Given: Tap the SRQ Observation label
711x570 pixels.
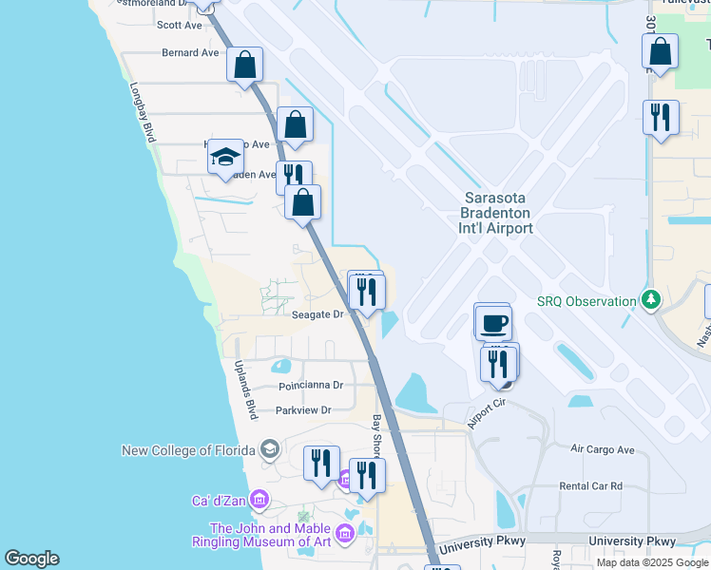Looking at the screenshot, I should [x=586, y=301].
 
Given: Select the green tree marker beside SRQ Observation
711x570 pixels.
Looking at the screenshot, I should [x=650, y=300].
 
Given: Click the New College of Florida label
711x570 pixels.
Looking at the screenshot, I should [x=190, y=449].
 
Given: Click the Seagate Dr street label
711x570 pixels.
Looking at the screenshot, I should [x=317, y=315].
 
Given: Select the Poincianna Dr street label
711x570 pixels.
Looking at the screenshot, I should [x=310, y=387].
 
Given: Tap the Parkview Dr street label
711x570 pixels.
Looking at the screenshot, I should [x=303, y=410].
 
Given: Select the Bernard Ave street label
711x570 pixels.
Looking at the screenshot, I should [x=190, y=53].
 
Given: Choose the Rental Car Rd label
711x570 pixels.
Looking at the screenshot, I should [x=591, y=485].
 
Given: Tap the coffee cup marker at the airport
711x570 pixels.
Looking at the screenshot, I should [x=493, y=323].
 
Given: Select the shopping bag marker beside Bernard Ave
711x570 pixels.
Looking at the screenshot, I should [x=245, y=65].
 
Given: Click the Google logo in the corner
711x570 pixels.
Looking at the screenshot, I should [x=31, y=559].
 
